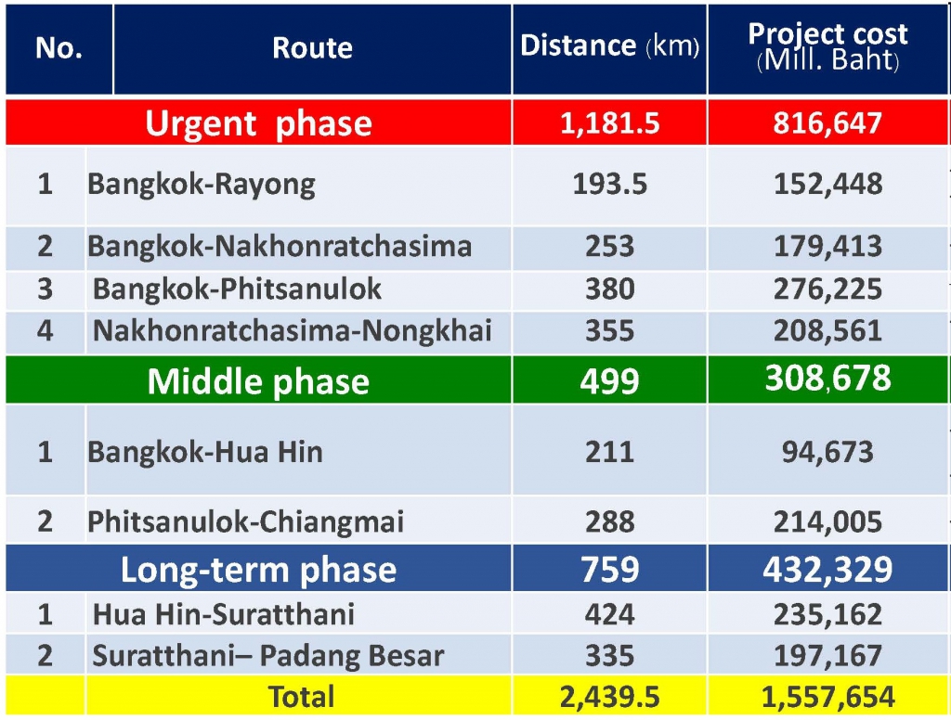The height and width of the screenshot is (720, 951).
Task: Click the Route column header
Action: point(312,48)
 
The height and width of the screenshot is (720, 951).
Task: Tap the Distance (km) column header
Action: point(609,45)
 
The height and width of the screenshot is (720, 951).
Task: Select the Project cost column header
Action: point(827,46)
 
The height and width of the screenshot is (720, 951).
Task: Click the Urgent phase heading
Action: point(258,123)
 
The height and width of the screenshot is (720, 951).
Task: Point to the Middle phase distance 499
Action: point(609,381)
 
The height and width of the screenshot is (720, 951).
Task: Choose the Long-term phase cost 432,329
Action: point(827,569)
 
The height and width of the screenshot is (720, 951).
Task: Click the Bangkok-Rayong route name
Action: point(202,185)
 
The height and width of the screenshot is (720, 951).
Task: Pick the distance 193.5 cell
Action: point(609,184)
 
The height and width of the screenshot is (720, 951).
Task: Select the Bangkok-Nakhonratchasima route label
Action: point(280,246)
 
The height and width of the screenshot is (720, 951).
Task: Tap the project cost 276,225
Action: point(827,289)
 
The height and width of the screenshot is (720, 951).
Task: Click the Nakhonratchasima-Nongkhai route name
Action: point(292,331)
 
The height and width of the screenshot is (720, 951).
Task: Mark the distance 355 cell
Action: point(609,331)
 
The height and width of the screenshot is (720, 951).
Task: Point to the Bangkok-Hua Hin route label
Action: point(205,452)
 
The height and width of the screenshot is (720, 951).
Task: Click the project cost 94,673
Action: point(827,452)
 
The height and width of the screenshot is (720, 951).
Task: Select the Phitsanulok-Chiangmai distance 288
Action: point(609,521)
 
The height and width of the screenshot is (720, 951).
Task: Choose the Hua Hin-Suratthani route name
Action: point(223,614)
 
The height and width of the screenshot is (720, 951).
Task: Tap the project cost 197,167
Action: point(827,656)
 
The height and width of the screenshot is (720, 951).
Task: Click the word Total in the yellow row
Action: point(302,697)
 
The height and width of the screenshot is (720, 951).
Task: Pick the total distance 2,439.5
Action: point(609,697)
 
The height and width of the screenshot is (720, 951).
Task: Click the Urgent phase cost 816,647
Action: point(827,123)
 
